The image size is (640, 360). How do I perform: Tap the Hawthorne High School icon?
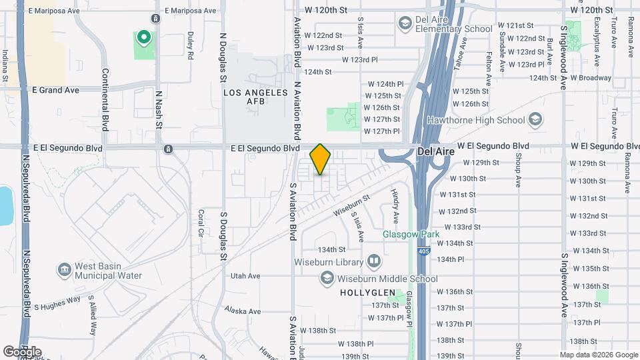point(534,120)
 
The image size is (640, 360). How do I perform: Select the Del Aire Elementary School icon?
point(404,25)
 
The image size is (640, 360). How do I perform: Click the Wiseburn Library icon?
point(374,262)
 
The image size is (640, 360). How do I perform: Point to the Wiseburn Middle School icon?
point(327,279)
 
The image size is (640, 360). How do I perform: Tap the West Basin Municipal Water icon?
point(65,270)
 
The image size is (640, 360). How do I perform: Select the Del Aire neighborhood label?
point(435,151)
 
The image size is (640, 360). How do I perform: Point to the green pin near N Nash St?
point(143,38)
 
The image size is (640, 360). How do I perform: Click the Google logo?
point(22,351)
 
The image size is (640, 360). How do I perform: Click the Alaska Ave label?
point(243,311)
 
